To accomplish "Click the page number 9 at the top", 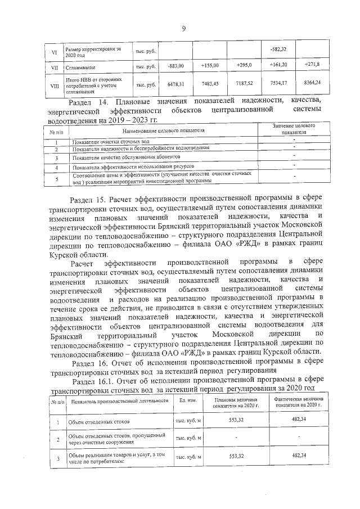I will (183, 29).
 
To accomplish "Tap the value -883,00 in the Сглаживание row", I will (176, 66).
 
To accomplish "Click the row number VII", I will (54, 66).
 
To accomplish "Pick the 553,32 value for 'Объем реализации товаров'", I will (232, 457).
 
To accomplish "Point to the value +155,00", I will (210, 66).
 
